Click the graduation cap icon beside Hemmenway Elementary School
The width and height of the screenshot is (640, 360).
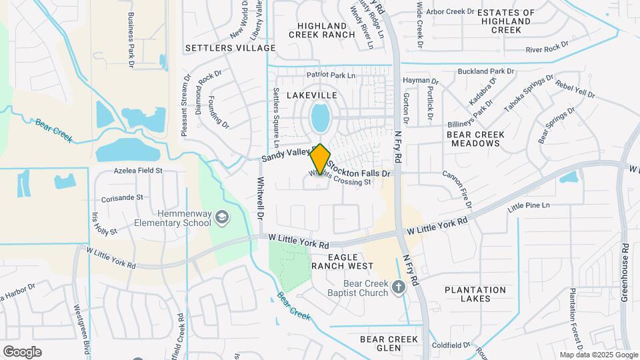pos(221,217)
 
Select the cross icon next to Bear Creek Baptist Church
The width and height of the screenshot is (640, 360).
pos(399,287)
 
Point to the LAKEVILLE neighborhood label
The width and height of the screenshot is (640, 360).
pos(312,95)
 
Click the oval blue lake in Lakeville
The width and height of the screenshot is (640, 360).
pos(321,118)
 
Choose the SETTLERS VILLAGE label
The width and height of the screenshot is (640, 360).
pos(230,48)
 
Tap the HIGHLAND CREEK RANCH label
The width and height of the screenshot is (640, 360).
pos(322,30)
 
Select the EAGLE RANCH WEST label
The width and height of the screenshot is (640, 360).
pos(343,261)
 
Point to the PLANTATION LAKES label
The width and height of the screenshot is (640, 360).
pos(475,294)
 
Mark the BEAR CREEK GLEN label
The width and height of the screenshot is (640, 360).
pos(389,344)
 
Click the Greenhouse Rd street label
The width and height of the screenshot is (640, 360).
pos(625,271)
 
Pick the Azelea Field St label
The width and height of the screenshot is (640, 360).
pos(138,171)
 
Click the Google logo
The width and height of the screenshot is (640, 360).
pos(22,351)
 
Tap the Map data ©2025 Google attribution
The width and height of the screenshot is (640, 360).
pos(598,355)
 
